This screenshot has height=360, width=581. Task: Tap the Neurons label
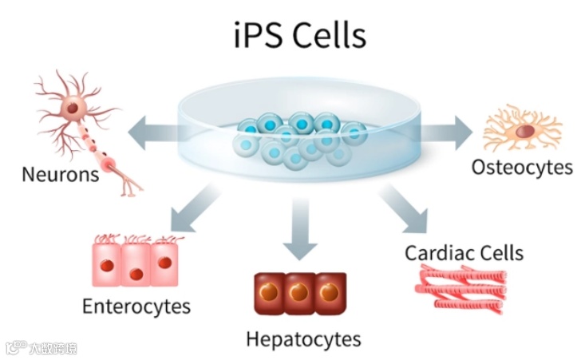59,174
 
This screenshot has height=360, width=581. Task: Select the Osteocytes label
522,168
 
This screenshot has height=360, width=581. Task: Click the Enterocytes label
136,306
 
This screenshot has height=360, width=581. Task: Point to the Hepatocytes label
302,339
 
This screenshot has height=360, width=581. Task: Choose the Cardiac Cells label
464,254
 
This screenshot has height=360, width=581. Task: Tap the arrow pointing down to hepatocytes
300,231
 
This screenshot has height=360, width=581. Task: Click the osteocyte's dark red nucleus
524,131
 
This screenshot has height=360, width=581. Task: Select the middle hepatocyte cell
300,293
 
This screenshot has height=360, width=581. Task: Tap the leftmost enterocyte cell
109,263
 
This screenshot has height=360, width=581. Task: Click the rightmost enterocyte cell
164,263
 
